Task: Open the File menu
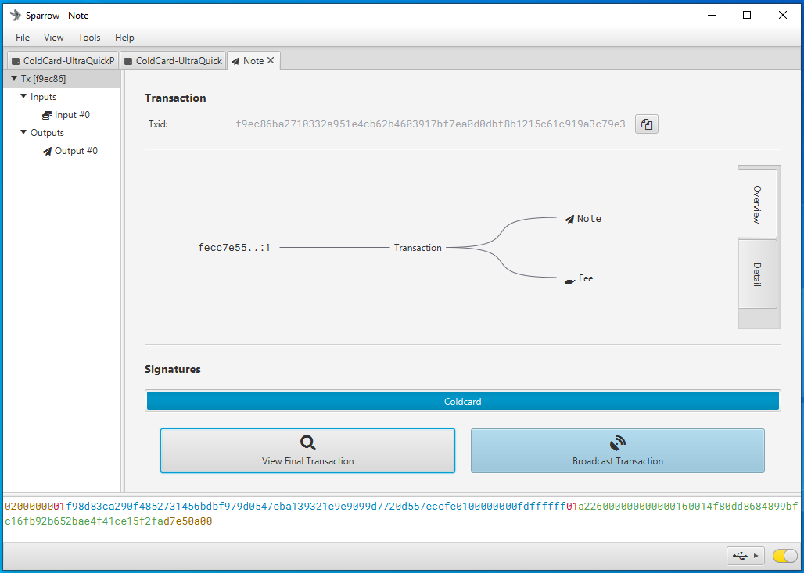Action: tap(23, 38)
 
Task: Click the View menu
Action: tap(54, 38)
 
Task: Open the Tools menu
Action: tap(89, 38)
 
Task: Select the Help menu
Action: tap(124, 38)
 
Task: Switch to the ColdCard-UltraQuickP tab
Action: tap(63, 60)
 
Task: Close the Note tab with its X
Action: tap(271, 60)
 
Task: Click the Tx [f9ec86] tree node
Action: tap(43, 79)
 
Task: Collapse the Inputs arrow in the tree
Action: tap(23, 96)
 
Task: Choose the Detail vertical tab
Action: tap(757, 274)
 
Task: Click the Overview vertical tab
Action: tap(757, 204)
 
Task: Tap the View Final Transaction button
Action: tap(307, 450)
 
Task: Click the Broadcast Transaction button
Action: tap(617, 450)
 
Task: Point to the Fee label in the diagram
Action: tap(586, 278)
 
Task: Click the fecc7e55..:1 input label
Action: tap(235, 248)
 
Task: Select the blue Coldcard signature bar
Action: tap(462, 401)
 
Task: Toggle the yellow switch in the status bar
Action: tap(784, 556)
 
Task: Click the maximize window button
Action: tap(747, 15)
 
